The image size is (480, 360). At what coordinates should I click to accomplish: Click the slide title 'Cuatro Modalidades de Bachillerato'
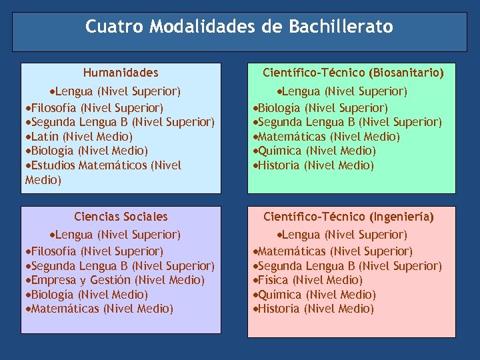239,27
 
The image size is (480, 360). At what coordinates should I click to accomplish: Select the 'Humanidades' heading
121,73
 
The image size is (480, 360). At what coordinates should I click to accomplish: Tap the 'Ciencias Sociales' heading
121,217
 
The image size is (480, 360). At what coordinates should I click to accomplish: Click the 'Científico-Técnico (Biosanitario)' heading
353,73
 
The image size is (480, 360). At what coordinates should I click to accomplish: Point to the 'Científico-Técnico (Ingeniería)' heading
349,217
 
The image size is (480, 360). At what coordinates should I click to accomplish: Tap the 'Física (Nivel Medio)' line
310,280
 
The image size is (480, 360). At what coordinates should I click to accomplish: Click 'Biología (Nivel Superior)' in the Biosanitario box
323,108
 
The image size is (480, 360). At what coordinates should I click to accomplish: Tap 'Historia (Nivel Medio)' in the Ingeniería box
315,309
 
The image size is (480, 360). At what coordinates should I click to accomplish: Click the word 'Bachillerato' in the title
341,27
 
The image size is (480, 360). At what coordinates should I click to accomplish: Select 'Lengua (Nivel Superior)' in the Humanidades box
117,91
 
